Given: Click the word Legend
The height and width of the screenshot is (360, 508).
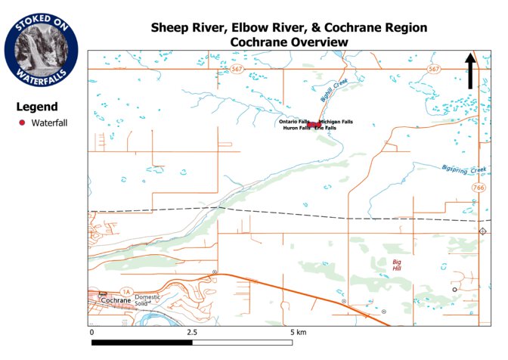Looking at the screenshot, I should click(37, 107).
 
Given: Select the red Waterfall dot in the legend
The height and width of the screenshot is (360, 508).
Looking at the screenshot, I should click(23, 123).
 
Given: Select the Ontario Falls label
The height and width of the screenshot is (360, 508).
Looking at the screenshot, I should click(294, 121).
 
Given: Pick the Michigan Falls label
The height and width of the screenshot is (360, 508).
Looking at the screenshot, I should click(336, 121).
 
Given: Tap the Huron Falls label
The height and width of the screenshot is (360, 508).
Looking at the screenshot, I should click(296, 128).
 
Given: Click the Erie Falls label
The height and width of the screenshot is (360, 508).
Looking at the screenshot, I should click(326, 128).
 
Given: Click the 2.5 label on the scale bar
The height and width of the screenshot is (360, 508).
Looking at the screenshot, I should click(191, 332).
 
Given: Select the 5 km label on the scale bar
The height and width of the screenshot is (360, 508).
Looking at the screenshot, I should click(297, 332).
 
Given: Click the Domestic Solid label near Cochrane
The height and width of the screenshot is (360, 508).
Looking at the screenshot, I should click(149, 300).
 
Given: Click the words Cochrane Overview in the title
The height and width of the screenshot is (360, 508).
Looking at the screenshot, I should click(289, 42).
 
